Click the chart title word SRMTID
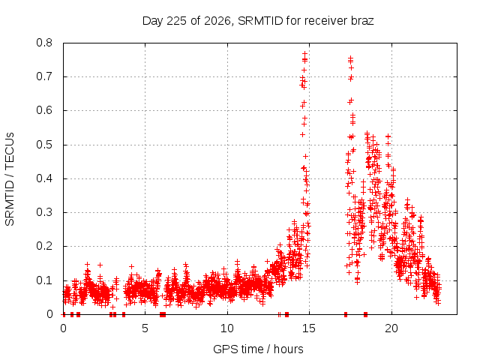(260, 21)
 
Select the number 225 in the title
(177, 21)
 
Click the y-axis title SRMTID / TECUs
(10, 179)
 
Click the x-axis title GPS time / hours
(258, 349)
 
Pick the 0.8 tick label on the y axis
(44, 43)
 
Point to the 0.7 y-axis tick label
(44, 76)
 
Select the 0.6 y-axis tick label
(44, 110)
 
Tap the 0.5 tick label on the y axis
(44, 145)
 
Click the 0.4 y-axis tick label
(44, 178)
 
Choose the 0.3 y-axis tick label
(44, 212)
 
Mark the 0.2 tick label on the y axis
(44, 247)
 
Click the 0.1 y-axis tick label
(44, 280)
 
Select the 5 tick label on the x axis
(145, 328)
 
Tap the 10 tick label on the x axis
(227, 328)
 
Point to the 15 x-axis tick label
(309, 328)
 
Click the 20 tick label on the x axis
(391, 328)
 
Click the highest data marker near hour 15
(305, 54)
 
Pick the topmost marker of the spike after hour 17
(350, 58)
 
